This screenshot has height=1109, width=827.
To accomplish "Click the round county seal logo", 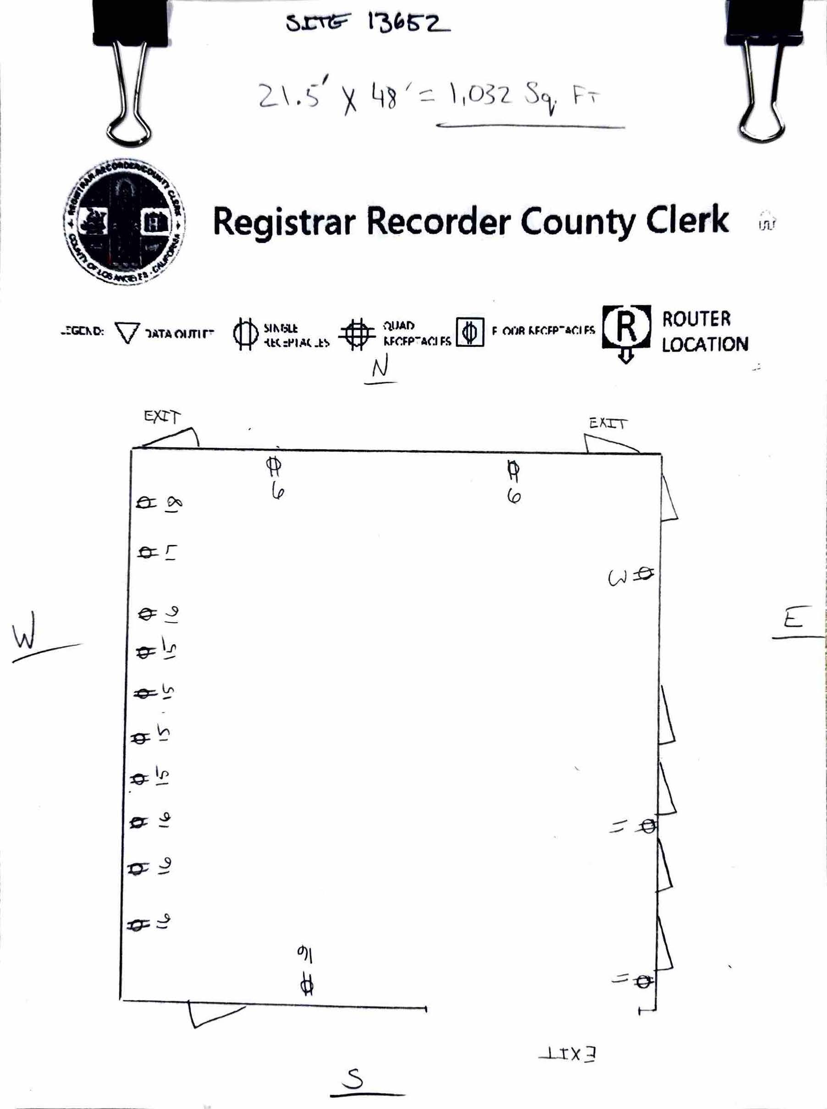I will [x=124, y=222].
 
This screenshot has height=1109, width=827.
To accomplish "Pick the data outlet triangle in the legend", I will [x=127, y=332].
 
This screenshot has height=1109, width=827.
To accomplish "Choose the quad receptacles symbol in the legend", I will [x=356, y=334].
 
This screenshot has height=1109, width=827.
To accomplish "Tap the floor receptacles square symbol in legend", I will [x=470, y=332].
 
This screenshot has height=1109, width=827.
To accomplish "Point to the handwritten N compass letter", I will [x=380, y=369].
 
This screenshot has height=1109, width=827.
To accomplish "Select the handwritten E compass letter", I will [x=794, y=619].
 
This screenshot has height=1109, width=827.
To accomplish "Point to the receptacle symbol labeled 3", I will [x=645, y=574].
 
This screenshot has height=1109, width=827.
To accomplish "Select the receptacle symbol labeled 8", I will [x=146, y=502].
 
